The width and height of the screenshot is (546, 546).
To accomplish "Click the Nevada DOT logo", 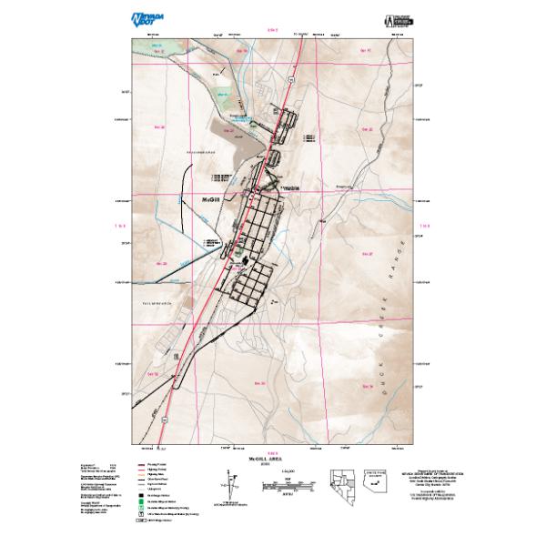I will pos(145,18).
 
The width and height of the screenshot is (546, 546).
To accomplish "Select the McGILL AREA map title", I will pos(270,460).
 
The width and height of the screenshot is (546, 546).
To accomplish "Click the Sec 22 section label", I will pos(368,130).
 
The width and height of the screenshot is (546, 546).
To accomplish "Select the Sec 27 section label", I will pos(368,255).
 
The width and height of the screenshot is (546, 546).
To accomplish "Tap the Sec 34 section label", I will pos(368,387).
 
